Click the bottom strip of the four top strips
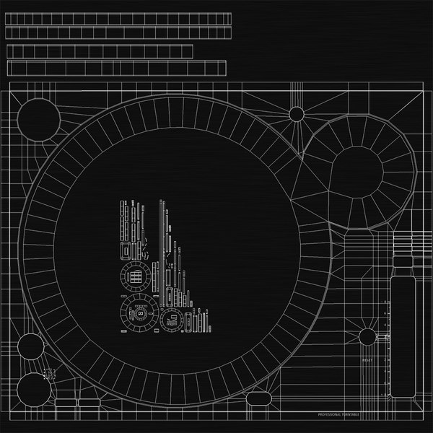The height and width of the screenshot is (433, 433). point(116,68)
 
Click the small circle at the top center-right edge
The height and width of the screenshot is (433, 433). point(297,113)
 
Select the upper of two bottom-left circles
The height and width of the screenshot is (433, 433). point(30,347)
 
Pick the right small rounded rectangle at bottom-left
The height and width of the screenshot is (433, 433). point(87,402)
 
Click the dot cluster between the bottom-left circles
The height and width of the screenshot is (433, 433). point(51,373)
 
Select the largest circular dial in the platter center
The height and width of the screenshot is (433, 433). point(136,315)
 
